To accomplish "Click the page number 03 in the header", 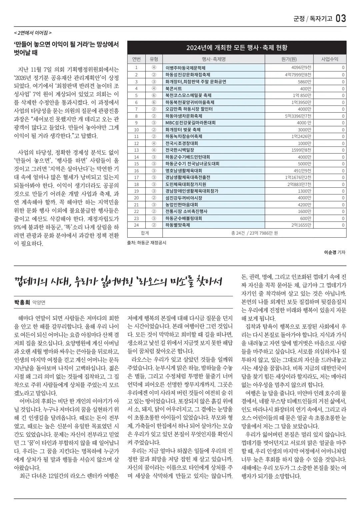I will pyautogui.click(x=341, y=18).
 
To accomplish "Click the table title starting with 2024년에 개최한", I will pyautogui.click(x=237, y=48).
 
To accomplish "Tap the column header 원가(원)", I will pyautogui.click(x=289, y=59).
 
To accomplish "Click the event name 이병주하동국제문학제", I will pyautogui.click(x=185, y=68).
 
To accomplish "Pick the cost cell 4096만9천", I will pyautogui.click(x=301, y=68).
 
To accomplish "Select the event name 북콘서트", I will pyautogui.click(x=174, y=88).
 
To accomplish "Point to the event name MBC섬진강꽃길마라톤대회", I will pyautogui.click(x=190, y=123).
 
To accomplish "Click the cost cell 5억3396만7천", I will pyautogui.click(x=298, y=116).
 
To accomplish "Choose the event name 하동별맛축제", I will pyautogui.click(x=178, y=225).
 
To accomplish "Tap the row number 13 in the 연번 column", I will pyautogui.click(x=136, y=150).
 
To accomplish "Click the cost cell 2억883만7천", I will pyautogui.click(x=299, y=184).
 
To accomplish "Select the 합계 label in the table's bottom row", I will pyautogui.click(x=145, y=233).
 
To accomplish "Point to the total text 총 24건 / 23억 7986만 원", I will pyautogui.click(x=254, y=233).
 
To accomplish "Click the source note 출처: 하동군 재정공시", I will pyautogui.click(x=146, y=243).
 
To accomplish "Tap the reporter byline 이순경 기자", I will pyautogui.click(x=334, y=252).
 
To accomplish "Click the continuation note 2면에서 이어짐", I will pyautogui.click(x=33, y=33).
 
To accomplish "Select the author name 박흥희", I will pyautogui.click(x=22, y=302).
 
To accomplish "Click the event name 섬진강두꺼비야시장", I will pyautogui.click(x=184, y=198).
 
